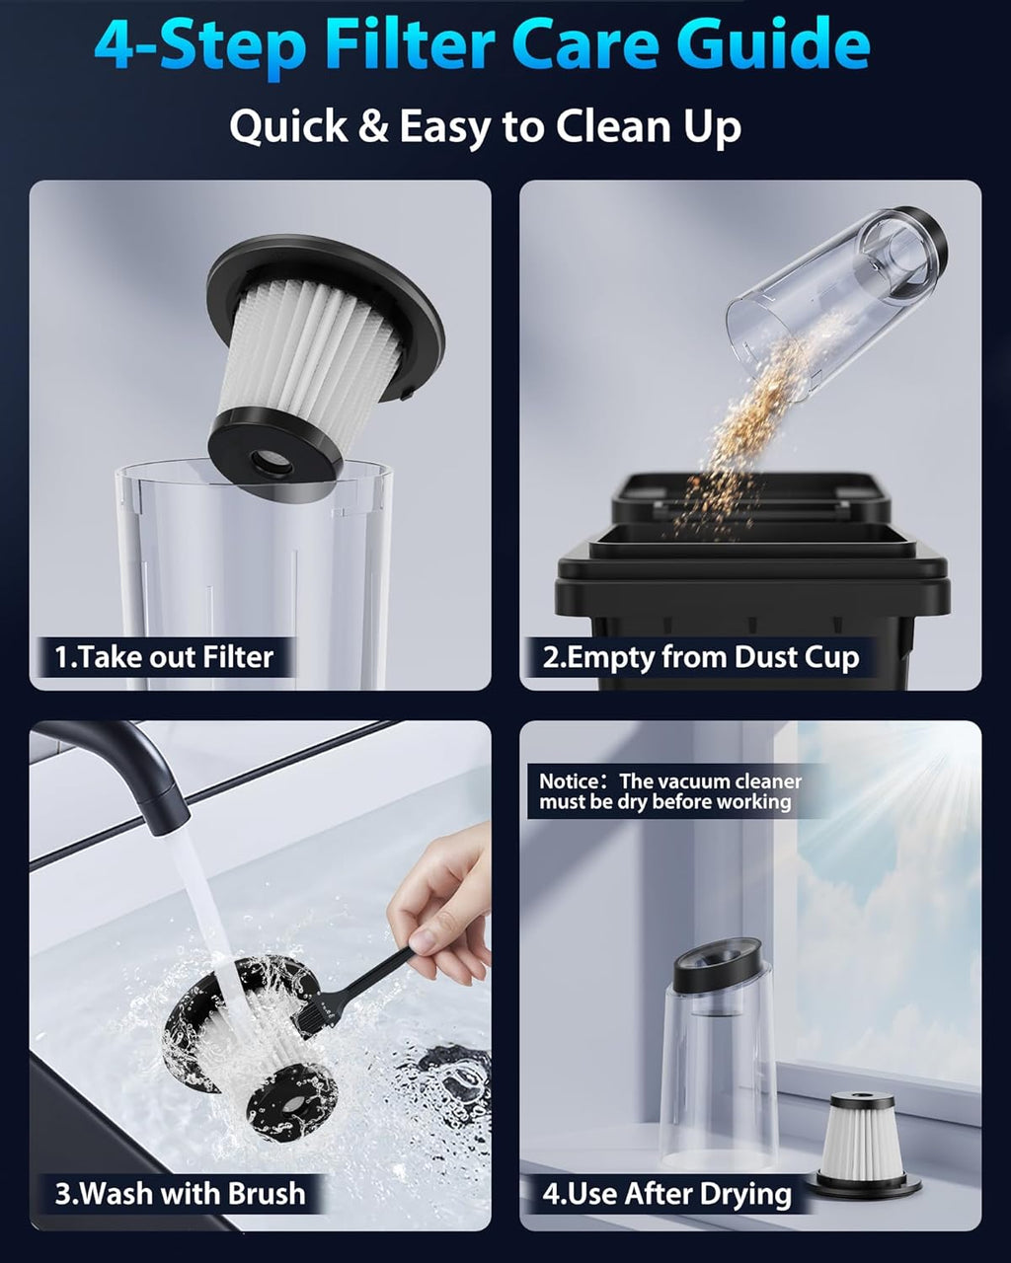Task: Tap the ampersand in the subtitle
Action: click(372, 126)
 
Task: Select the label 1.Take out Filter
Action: click(164, 657)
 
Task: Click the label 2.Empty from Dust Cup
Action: click(701, 657)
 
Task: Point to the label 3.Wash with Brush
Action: click(180, 1193)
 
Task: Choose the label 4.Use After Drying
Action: click(666, 1194)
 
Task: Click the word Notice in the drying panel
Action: click(568, 781)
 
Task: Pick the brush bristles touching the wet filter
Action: click(318, 1008)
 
